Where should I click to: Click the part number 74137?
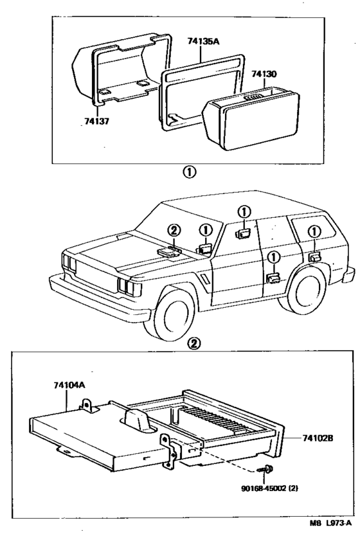tap(96, 120)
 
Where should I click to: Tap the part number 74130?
tap(264, 75)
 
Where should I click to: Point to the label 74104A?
tap(69, 386)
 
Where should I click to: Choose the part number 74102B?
tap(319, 439)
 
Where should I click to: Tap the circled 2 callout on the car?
tap(175, 230)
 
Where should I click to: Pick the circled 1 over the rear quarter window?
tap(313, 231)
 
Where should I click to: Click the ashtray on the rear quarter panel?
tap(313, 257)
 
